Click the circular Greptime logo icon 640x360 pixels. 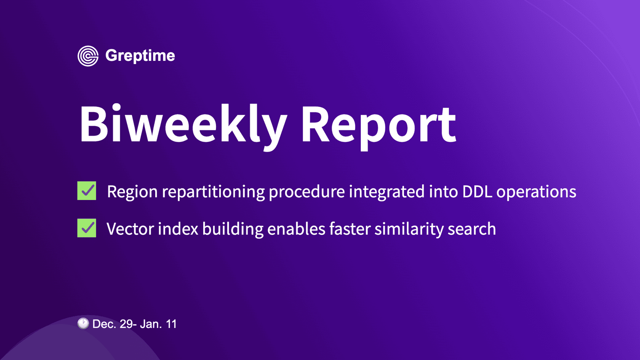(88, 56)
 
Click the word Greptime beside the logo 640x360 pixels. (140, 56)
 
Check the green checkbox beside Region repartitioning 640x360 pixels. (87, 191)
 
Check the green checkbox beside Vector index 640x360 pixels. (87, 228)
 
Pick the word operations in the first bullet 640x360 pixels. (536, 192)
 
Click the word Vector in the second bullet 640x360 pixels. (130, 229)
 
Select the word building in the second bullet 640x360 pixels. (233, 229)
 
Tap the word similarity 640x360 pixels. (409, 229)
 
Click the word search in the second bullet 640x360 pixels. (472, 229)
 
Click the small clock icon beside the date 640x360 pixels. (83, 323)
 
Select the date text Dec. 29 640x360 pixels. (113, 324)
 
